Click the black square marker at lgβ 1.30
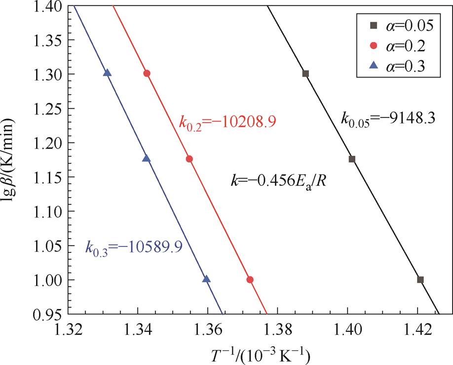(x=305, y=74)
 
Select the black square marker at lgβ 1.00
(x=420, y=280)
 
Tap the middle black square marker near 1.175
(x=352, y=159)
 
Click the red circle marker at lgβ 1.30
(x=147, y=73)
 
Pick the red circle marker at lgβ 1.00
(x=250, y=280)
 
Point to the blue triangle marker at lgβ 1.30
(x=108, y=73)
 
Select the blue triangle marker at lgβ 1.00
(x=206, y=279)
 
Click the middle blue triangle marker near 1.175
(x=146, y=159)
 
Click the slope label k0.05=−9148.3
(x=387, y=119)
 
